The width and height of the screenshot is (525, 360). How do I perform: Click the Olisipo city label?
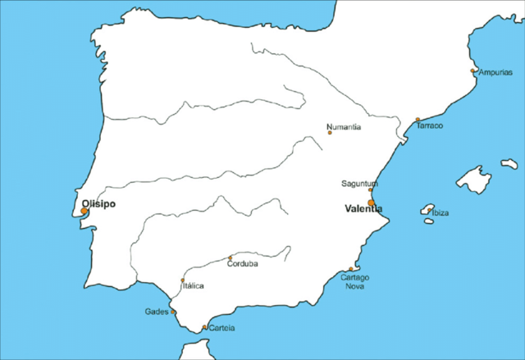point(99,204)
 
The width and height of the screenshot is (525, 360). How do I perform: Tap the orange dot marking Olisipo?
point(84,212)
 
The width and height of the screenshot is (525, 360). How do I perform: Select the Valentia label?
point(364,209)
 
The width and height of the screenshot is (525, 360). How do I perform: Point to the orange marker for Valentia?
point(372,203)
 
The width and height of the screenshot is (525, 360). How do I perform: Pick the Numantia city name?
point(344,126)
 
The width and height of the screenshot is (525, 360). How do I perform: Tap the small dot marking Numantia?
point(330,133)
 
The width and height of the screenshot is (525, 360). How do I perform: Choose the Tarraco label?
point(430,125)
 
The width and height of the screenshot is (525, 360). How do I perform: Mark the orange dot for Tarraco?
point(418,120)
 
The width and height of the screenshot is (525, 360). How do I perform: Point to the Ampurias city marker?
point(472,71)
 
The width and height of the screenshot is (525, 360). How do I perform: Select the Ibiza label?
point(441,212)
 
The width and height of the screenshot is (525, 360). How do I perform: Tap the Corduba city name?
point(242,264)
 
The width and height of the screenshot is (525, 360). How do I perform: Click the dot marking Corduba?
point(230,258)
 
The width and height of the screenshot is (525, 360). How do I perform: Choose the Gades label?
point(156,312)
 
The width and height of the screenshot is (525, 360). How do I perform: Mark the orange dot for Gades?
point(173,312)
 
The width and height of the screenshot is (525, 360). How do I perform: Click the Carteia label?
point(221,328)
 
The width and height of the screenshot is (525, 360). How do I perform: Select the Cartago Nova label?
point(355,281)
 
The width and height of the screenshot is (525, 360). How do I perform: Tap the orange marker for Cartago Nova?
point(351,269)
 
